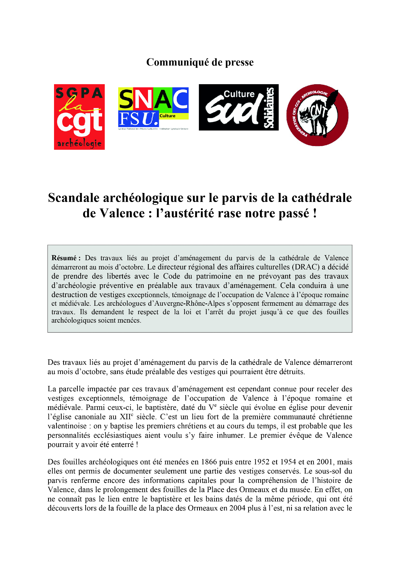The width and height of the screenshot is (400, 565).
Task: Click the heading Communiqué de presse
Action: click(x=200, y=62)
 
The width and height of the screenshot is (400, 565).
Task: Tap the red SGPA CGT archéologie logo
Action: click(x=79, y=117)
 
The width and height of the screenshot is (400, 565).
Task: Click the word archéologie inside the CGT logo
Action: click(x=79, y=144)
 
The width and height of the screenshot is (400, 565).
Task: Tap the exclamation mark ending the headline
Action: click(x=315, y=213)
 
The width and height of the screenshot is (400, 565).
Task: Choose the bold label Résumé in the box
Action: click(x=64, y=258)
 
